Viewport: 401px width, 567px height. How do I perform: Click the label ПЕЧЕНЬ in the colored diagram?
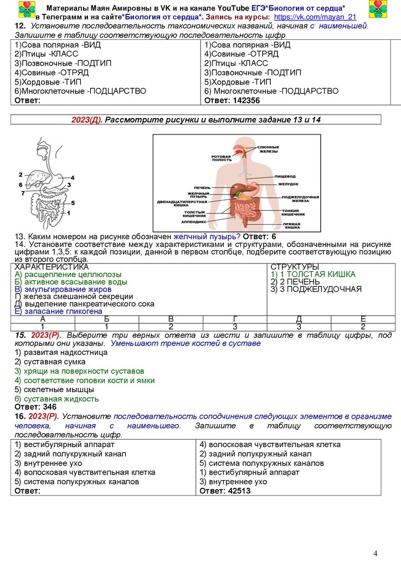pyautogui.click(x=203, y=187)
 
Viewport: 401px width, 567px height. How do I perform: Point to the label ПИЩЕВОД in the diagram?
pyautogui.click(x=286, y=176)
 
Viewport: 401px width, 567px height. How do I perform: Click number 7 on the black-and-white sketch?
pyautogui.click(x=23, y=193)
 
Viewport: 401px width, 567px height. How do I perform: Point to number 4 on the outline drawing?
pyautogui.click(x=72, y=177)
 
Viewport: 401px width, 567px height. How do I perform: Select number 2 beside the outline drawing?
pyautogui.click(x=20, y=174)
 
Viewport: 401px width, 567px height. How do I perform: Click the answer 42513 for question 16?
pyautogui.click(x=225, y=491)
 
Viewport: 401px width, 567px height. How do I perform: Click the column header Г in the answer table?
pyautogui.click(x=235, y=318)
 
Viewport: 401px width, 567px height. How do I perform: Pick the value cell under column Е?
pyautogui.click(x=363, y=327)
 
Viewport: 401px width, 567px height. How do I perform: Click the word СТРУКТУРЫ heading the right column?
pyautogui.click(x=295, y=267)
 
